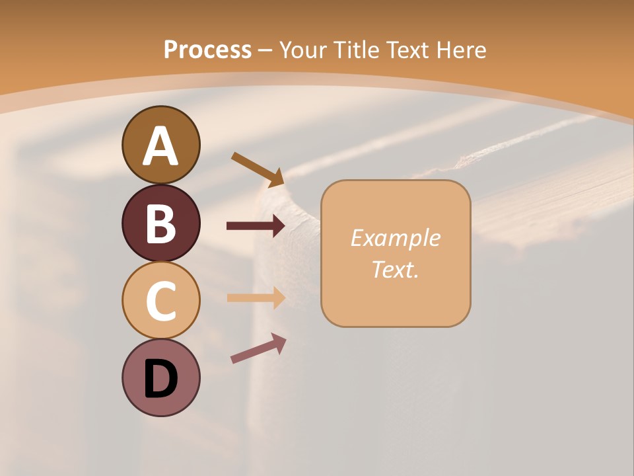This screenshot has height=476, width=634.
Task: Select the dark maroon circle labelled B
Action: [x=160, y=223]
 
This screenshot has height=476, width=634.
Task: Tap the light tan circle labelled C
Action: [x=160, y=300]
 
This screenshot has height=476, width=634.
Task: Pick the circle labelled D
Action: [x=160, y=377]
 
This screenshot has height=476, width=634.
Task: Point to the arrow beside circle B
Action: [x=256, y=226]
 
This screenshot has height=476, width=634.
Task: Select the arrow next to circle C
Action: [x=256, y=297]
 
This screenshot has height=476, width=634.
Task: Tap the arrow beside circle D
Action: [x=258, y=348]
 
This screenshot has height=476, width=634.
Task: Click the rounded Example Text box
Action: [x=396, y=253]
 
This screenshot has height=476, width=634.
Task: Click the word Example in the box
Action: [x=396, y=238]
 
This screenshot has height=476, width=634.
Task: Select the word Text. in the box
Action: [x=396, y=269]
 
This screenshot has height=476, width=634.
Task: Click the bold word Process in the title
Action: [x=207, y=50]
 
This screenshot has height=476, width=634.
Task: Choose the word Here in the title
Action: [x=462, y=50]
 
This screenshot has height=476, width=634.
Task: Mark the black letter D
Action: [x=160, y=379]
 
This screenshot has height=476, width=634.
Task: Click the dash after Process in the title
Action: [x=265, y=50]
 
